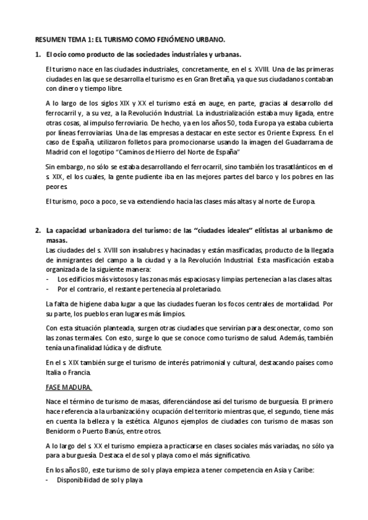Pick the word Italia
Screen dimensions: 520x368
pos(54,372)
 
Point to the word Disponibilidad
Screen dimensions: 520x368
pos(80,480)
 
